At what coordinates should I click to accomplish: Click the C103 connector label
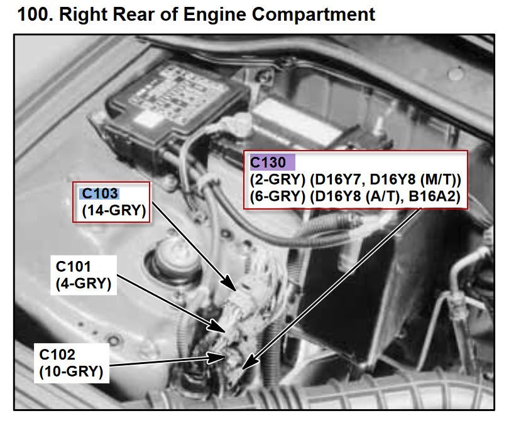pos(100,193)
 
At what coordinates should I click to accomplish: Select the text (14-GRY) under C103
pos(114,211)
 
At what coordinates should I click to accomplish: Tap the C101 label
pos(73,267)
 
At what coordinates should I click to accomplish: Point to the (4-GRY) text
pos(84,284)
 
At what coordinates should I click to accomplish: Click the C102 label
pos(57,355)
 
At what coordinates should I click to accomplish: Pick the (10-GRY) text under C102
pos(71,372)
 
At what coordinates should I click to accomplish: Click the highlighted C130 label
pos(268,163)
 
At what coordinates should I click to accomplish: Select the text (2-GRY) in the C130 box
pos(277,180)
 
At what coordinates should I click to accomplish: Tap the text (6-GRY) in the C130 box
pos(277,196)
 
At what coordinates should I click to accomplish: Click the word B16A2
pos(434,196)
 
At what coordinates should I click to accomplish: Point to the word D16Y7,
pos(337,180)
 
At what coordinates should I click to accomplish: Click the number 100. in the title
pos(35,14)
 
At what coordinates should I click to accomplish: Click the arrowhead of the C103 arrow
pos(231,283)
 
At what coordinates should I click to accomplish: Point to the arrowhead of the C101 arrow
pos(217,326)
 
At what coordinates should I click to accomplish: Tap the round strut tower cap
pos(174,260)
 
